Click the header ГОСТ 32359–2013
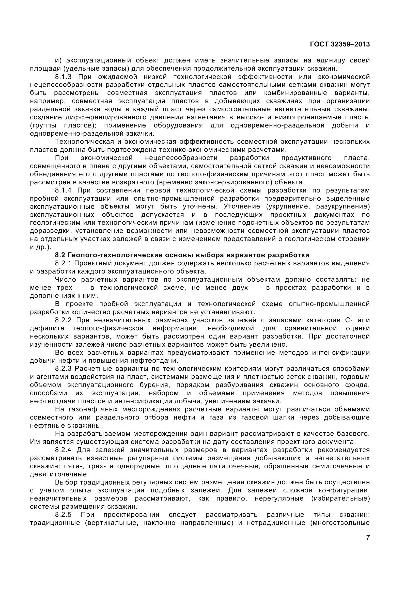pyautogui.click(x=340, y=44)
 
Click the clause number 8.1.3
pyautogui.click(x=63, y=77)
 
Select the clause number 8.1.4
pyautogui.click(x=63, y=190)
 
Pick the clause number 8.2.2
pyautogui.click(x=63, y=320)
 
